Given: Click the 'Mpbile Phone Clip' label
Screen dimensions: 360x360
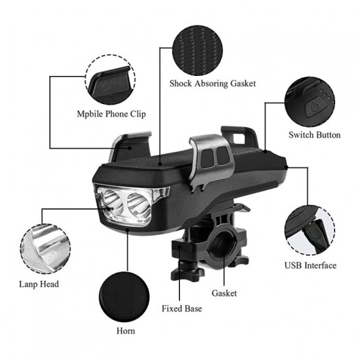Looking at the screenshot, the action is click(x=111, y=114).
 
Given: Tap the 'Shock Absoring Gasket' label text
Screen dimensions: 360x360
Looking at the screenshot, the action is click(x=212, y=83).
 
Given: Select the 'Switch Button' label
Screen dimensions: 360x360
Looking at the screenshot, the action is click(x=314, y=135).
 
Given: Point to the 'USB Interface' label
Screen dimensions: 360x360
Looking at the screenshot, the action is click(x=310, y=265).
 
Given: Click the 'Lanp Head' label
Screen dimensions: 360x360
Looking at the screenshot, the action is click(x=39, y=284).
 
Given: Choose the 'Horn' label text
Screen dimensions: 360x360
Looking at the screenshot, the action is click(x=126, y=331).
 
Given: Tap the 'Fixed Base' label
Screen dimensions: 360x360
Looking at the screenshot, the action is click(x=181, y=308).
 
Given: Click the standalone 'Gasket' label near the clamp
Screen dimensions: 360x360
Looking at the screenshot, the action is click(x=224, y=293).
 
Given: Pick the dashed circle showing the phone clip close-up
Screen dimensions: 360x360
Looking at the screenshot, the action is click(x=110, y=80).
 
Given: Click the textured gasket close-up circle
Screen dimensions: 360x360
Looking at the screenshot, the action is click(x=198, y=50).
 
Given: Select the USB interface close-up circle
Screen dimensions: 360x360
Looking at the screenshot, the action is click(x=310, y=230).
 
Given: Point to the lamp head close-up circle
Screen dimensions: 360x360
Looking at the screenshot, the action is click(x=45, y=249).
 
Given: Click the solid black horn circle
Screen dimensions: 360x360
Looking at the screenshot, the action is click(x=124, y=297).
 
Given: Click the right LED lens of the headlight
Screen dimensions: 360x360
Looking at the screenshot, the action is click(x=139, y=206).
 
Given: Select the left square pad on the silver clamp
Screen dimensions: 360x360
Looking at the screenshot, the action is click(x=207, y=158).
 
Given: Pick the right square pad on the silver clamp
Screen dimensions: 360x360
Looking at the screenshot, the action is click(x=223, y=155).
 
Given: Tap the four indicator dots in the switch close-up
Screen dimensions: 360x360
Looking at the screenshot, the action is click(x=327, y=96).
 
